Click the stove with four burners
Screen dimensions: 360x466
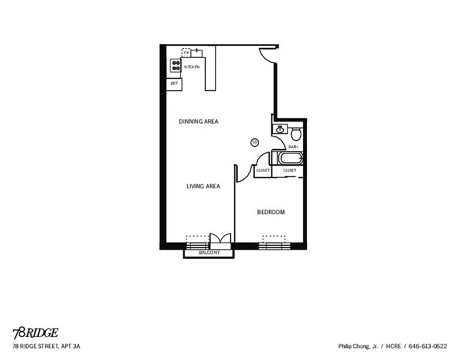pyautogui.click(x=176, y=66)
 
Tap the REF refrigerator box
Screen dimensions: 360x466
pyautogui.click(x=174, y=84)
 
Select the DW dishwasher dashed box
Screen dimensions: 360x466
pyautogui.click(x=186, y=53)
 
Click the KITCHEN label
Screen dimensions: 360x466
pyautogui.click(x=192, y=67)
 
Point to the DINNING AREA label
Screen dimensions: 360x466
pyautogui.click(x=199, y=121)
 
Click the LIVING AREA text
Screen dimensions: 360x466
pyautogui.click(x=203, y=186)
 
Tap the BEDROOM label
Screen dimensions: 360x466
pyautogui.click(x=271, y=212)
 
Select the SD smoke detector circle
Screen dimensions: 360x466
pyautogui.click(x=254, y=143)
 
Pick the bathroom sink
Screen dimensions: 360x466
pyautogui.click(x=280, y=130)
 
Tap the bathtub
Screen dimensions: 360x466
pyautogui.click(x=290, y=158)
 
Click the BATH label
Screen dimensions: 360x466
pyautogui.click(x=293, y=147)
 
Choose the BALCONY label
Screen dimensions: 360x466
pyautogui.click(x=209, y=253)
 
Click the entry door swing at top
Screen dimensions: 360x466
pyautogui.click(x=266, y=55)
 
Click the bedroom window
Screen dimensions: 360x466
pyautogui.click(x=274, y=245)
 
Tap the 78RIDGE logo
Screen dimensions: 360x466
pyautogui.click(x=35, y=333)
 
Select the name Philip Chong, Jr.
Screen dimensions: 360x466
pyautogui.click(x=358, y=346)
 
